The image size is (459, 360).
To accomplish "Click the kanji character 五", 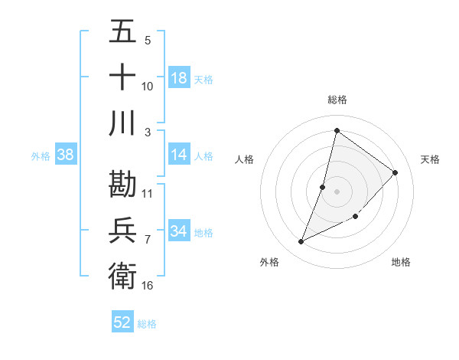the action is [x=122, y=32].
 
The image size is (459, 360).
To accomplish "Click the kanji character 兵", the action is [x=122, y=230].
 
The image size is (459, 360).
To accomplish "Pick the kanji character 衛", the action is [x=122, y=276].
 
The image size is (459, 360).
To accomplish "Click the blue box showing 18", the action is [x=179, y=78].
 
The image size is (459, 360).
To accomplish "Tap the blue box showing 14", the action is [x=179, y=155].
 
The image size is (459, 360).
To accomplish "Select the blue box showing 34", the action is [x=179, y=231].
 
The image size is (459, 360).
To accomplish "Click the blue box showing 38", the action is [x=66, y=155].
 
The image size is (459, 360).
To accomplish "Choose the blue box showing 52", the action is [x=122, y=322].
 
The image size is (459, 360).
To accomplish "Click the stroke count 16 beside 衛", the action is [x=148, y=285].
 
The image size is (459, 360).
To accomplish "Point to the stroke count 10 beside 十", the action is [x=148, y=87].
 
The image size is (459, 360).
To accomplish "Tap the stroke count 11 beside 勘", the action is [x=148, y=193].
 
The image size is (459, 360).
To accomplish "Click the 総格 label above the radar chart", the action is [x=337, y=100].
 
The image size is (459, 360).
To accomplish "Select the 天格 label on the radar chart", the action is [x=431, y=159].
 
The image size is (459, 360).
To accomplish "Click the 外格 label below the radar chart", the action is [x=269, y=262].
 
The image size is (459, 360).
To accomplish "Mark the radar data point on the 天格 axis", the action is [x=396, y=172].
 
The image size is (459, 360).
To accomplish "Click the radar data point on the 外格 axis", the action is [x=301, y=242].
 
